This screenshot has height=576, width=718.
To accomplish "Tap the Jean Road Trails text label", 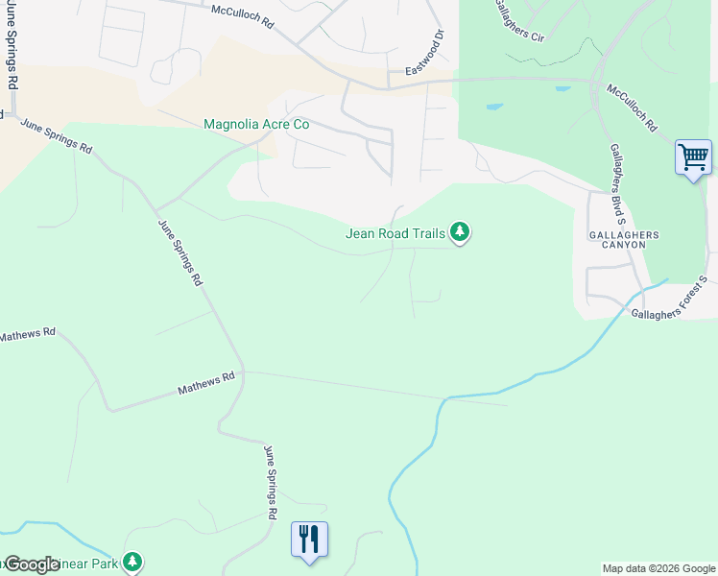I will click(397, 233).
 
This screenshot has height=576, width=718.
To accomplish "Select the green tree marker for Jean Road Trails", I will click(461, 231).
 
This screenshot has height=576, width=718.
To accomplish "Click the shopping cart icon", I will click(693, 156).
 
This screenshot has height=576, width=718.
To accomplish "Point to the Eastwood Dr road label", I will click(426, 54).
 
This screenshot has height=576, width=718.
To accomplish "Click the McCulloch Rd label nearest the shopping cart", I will click(632, 107).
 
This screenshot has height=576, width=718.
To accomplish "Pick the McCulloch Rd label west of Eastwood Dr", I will click(243, 14).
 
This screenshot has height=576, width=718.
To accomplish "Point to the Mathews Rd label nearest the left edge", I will click(29, 335).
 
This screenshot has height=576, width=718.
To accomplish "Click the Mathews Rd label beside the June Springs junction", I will click(206, 385).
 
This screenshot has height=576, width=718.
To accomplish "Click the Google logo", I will click(32, 564).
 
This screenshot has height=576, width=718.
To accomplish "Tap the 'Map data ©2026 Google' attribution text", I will click(658, 568).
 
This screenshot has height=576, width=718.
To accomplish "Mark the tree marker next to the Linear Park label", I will click(133, 562).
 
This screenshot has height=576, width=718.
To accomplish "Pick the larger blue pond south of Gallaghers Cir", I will click(494, 106).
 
